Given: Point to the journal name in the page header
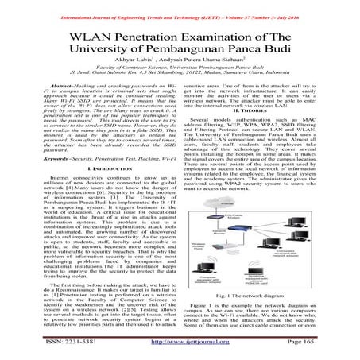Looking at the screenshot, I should point(180,7).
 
